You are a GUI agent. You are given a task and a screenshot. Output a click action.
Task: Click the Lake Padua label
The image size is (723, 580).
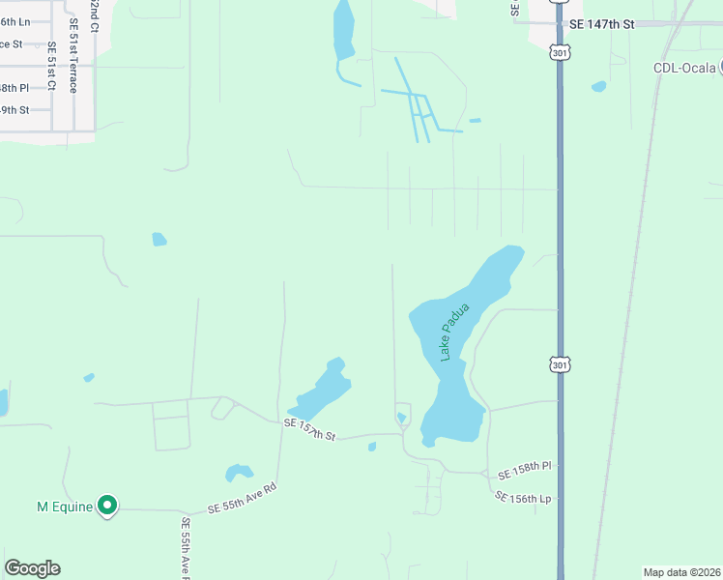[454, 333]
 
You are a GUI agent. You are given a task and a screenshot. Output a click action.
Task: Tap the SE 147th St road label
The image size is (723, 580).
[601, 23]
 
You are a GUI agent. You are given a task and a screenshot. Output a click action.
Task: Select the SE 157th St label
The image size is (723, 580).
[309, 430]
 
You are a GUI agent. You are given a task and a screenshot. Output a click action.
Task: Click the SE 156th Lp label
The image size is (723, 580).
[522, 497]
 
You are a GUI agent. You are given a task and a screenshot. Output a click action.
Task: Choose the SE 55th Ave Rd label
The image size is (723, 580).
[243, 502]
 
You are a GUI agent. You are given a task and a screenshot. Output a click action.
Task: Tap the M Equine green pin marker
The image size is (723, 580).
[107, 505]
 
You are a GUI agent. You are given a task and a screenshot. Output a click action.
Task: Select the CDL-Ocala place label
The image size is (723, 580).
[682, 68]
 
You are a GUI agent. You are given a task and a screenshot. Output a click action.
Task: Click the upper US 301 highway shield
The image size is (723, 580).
[560, 54]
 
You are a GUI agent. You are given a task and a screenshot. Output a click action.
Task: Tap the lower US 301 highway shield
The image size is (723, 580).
[560, 363]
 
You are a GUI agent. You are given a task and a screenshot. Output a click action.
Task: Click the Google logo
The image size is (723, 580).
[32, 568]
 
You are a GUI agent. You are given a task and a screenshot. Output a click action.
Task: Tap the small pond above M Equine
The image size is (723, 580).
[238, 473]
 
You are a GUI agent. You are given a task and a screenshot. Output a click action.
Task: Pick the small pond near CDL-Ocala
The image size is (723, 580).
[599, 86]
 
